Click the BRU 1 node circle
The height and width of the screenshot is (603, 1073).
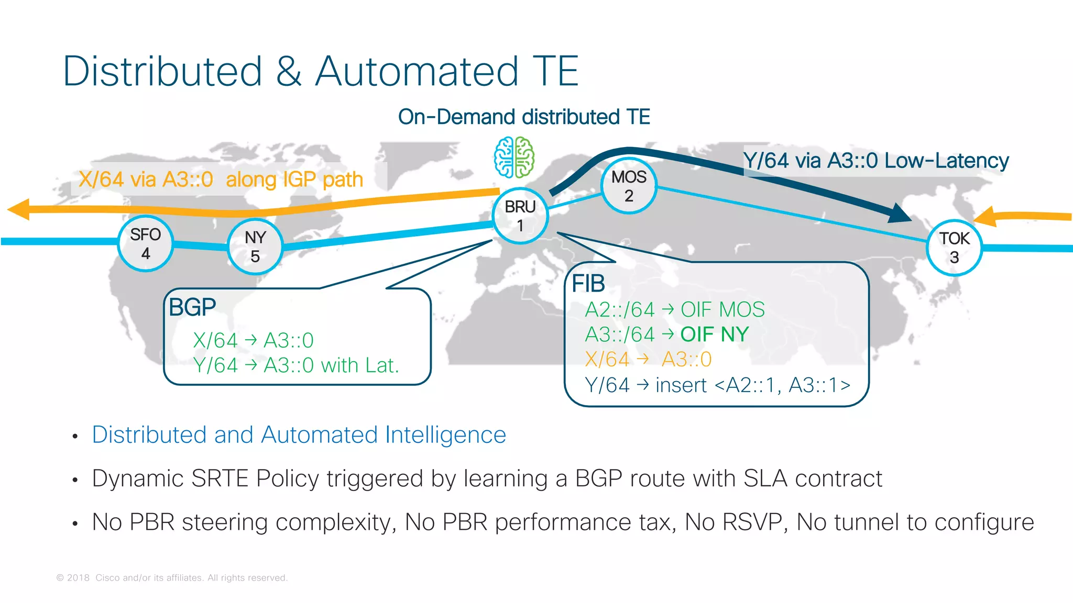point(520,216)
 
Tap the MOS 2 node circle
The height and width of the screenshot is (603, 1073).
point(629,186)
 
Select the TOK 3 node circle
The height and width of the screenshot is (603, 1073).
point(954,248)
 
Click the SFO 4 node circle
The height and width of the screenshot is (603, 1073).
point(146,243)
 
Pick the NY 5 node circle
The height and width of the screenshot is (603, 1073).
point(255,247)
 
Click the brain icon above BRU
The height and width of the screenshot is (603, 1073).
point(514,158)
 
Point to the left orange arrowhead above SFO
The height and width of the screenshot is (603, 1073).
point(20,209)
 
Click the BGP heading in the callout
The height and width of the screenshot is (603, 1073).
point(192,307)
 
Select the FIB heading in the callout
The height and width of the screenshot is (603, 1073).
point(588,284)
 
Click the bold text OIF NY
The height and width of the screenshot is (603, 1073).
point(715,334)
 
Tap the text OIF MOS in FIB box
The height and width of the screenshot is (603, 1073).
point(722,310)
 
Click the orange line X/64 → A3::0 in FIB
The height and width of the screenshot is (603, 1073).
point(648,360)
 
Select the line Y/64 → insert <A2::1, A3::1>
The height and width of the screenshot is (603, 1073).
point(717,385)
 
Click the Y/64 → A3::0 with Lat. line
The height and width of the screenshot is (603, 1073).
point(296,365)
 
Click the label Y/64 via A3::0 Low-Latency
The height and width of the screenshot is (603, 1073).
point(875,161)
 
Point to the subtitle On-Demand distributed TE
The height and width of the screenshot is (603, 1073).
point(524,117)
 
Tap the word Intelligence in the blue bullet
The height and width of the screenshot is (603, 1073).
point(445,435)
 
